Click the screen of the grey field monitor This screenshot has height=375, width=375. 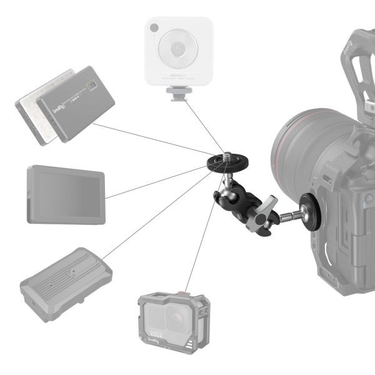pos(65,195)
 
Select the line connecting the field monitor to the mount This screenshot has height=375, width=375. pos(156,185)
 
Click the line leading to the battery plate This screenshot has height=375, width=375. pos(156,219)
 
